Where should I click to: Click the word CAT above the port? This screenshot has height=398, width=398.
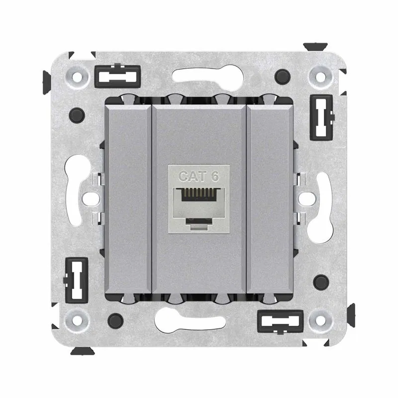tap(193, 176)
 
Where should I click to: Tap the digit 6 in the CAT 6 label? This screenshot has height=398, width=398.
tap(215, 176)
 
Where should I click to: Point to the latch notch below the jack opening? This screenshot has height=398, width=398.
tap(199, 221)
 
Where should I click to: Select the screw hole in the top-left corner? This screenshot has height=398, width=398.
tap(77, 76)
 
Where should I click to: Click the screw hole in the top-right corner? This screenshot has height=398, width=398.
tap(320, 77)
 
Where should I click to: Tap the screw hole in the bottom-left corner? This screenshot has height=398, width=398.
tap(77, 320)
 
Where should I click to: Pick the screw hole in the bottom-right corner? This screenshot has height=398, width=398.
tap(320, 320)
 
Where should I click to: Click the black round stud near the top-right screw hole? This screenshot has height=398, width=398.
tap(283, 77)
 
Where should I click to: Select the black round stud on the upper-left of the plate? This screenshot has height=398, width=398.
tap(77, 115)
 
